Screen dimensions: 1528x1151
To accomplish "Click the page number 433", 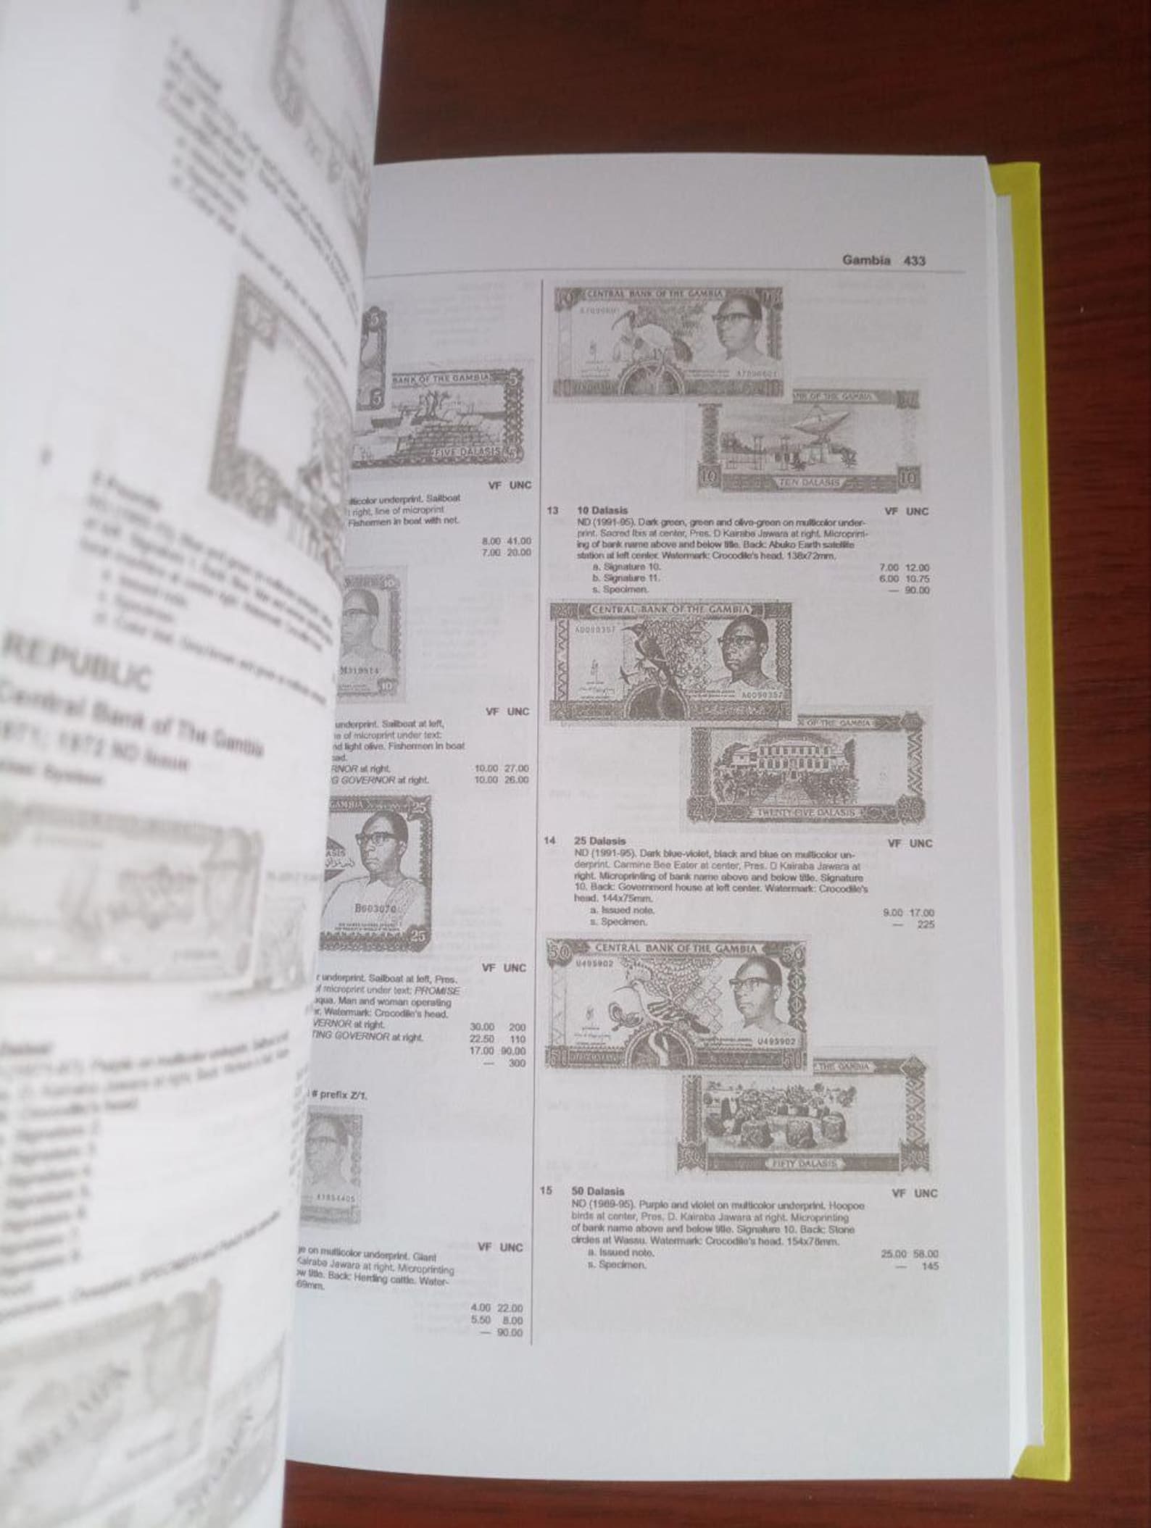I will [x=915, y=261].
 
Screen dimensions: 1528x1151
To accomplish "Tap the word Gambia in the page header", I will [x=866, y=261].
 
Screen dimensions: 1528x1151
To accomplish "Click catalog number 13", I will [x=552, y=512].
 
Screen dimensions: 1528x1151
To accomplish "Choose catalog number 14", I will [x=550, y=841].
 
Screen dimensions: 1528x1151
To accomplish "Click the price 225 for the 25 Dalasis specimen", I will [x=926, y=925].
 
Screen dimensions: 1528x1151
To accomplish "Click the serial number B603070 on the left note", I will [x=373, y=909].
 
